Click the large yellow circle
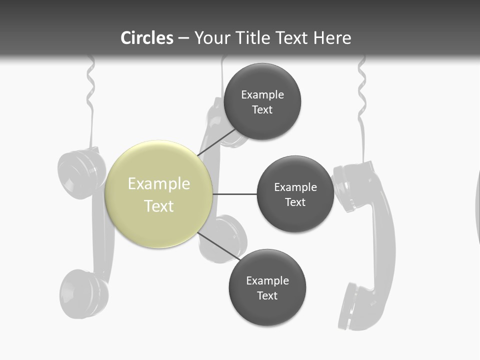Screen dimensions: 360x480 (158, 194)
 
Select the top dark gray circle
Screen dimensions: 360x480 (262, 101)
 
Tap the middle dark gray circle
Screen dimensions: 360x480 (295, 194)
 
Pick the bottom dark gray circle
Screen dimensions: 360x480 (267, 287)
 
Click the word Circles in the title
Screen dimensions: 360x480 (147, 38)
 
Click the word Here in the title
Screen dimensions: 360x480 (332, 38)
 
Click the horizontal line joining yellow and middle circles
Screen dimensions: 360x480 (234, 194)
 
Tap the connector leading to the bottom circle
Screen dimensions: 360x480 (219, 246)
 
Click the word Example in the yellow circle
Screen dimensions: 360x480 (158, 184)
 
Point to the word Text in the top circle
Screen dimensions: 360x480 (262, 110)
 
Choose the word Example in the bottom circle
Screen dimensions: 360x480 (267, 280)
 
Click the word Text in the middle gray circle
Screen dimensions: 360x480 (295, 202)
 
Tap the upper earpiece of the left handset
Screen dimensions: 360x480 (80, 170)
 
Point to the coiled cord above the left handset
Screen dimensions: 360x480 (90, 85)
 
